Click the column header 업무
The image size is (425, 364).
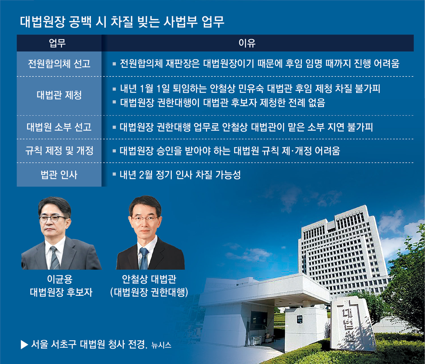tap(57, 43)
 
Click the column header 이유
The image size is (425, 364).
tap(247, 43)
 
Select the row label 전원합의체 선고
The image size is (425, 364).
tap(59, 64)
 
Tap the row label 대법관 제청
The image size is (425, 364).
tap(59, 95)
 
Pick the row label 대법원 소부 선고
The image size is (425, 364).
tap(59, 127)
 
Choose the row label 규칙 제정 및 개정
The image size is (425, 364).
tap(59, 151)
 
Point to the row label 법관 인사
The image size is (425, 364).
tap(59, 175)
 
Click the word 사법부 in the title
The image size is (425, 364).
tap(180, 22)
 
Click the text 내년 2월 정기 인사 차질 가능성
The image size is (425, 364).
tap(180, 175)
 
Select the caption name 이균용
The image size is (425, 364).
tap(60, 279)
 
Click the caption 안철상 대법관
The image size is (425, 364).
tap(149, 279)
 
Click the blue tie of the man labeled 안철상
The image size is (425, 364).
tap(144, 259)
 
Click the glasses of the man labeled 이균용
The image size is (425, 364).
tap(53, 219)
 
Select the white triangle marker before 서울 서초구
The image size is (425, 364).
tap(24, 345)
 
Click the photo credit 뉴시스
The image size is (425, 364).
tap(161, 345)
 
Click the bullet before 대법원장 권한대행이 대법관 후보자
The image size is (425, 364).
tap(114, 102)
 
